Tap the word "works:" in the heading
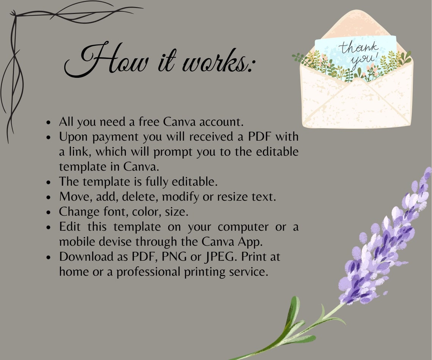click(x=218, y=61)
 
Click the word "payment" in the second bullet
click(x=115, y=137)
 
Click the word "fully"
click(x=157, y=182)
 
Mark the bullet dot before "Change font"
click(x=49, y=212)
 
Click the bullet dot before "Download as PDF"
click(x=49, y=257)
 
